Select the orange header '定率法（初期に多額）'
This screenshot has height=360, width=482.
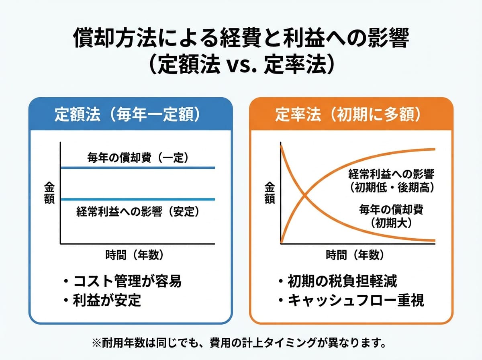(348, 115)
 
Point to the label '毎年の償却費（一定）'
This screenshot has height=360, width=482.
(138, 157)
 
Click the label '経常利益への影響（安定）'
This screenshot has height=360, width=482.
(138, 212)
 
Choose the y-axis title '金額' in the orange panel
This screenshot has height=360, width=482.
(270, 193)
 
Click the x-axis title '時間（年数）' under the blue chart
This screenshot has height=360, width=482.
(135, 255)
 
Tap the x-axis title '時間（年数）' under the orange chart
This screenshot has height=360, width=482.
(355, 255)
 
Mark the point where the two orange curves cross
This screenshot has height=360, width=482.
(304, 194)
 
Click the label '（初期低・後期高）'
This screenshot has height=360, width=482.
(392, 188)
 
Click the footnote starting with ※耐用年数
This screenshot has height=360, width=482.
(239, 343)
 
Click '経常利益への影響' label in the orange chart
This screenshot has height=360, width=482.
(391, 174)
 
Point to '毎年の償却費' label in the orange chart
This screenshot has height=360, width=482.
(391, 210)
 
